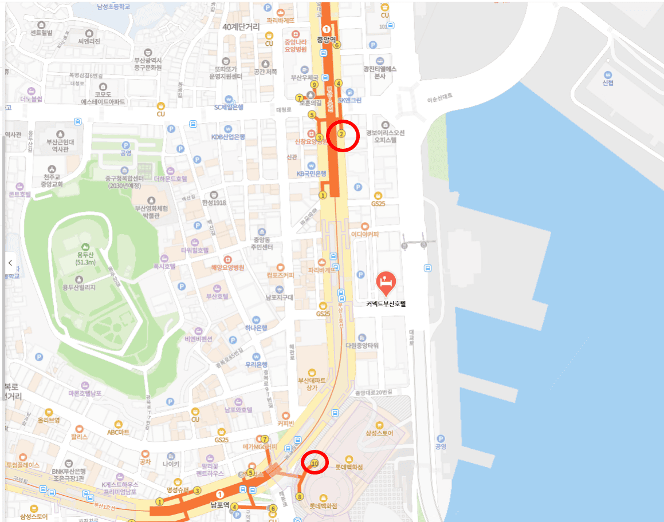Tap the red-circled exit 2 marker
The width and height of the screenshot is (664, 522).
[341, 134]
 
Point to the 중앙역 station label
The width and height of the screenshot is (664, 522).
[328, 40]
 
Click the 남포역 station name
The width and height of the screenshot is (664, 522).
[219, 505]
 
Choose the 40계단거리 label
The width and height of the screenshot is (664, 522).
[241, 26]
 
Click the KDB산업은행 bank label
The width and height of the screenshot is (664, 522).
[228, 137]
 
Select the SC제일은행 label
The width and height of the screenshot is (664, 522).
[229, 107]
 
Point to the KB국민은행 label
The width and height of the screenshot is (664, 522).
[311, 173]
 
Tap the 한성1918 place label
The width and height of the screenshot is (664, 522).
[214, 203]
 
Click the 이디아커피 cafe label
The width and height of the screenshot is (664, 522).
[365, 234]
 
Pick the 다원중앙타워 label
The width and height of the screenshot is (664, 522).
[362, 345]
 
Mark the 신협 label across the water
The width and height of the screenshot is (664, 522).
[608, 82]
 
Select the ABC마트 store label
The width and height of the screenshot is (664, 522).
[119, 432]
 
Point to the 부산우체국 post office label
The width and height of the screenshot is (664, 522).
[304, 77]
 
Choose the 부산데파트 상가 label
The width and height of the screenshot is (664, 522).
[311, 383]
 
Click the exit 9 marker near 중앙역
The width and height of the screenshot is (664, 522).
[314, 85]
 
